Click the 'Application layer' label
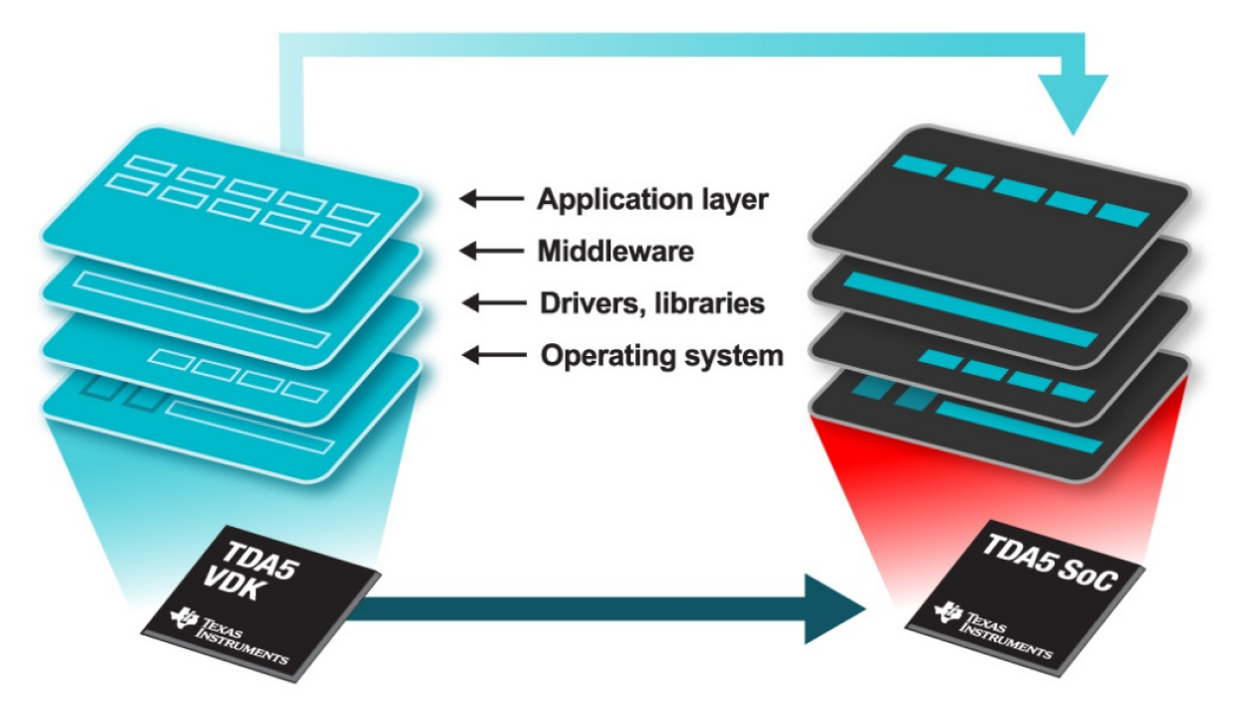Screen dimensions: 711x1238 [x=652, y=200]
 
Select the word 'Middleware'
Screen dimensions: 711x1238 [x=616, y=253]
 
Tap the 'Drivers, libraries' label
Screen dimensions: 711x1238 [x=651, y=302]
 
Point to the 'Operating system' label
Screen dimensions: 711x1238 [x=661, y=355]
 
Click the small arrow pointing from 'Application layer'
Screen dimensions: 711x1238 [x=491, y=200]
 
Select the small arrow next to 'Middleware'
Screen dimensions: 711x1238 [x=491, y=253]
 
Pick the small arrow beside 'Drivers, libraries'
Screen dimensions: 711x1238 [x=491, y=302]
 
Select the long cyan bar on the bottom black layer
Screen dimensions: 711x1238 [x=1019, y=428]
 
